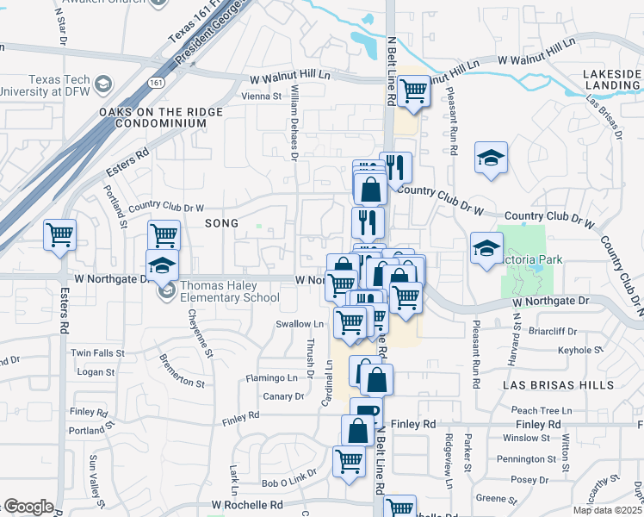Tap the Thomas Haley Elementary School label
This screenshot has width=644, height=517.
pos(228,292)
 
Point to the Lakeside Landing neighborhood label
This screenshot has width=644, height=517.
pos(611,80)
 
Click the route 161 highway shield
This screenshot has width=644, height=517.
pos(156,83)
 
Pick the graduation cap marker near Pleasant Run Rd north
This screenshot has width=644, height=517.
pos(491,158)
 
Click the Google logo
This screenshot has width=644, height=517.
pos(28,507)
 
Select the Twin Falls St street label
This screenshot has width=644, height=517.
pos(92,353)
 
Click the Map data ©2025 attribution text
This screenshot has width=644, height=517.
pos(607,510)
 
